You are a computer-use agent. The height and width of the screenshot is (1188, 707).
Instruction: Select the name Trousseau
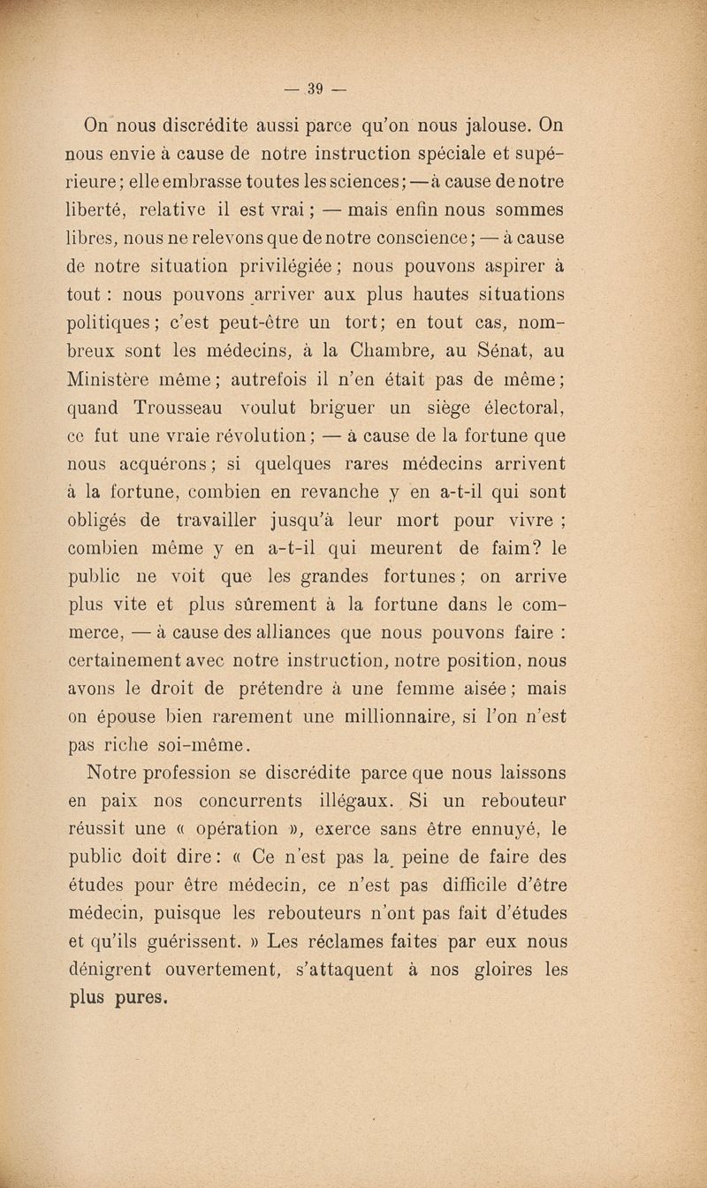200,409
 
